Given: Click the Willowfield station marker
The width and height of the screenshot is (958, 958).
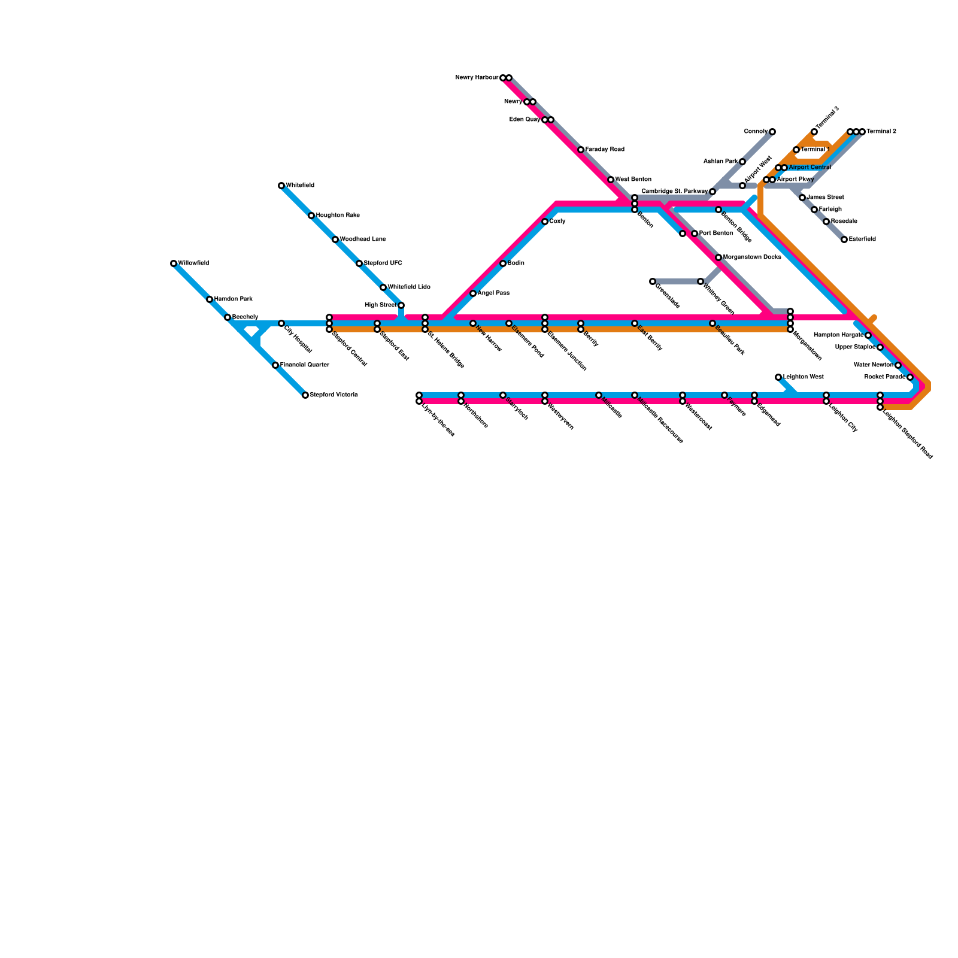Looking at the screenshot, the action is tap(174, 263).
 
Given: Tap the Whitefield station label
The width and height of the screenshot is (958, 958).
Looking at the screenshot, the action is tap(300, 186).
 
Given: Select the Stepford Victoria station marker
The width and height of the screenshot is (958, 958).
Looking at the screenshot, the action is tap(305, 395).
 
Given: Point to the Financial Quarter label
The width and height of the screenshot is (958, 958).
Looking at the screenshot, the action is tap(304, 365).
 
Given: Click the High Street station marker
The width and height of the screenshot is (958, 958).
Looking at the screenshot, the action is tap(401, 305).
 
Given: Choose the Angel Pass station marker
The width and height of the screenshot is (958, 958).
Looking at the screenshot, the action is tap(473, 293).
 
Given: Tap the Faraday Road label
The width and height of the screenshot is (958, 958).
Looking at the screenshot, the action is tap(605, 150).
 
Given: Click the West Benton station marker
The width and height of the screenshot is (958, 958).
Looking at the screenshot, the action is tap(611, 180).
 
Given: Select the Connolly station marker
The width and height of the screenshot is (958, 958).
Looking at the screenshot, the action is tap(772, 132).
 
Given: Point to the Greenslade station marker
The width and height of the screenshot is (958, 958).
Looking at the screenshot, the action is tap(653, 281).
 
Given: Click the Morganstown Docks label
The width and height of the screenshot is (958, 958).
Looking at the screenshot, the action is tap(752, 257).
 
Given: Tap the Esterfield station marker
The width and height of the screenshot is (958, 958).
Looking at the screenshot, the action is tap(844, 239).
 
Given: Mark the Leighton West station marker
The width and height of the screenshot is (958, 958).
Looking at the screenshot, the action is tap(778, 377).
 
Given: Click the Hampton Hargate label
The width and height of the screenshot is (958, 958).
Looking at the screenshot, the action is tap(839, 335).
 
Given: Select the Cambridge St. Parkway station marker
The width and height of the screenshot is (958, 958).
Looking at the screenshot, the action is tap(713, 192).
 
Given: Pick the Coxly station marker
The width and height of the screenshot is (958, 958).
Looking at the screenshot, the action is tap(545, 222).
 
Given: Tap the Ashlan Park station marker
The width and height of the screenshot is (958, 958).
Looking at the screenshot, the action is tap(742, 162).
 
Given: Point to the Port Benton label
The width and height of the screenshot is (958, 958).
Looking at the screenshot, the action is tap(716, 234).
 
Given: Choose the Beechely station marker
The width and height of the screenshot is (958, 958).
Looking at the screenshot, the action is tap(228, 317).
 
